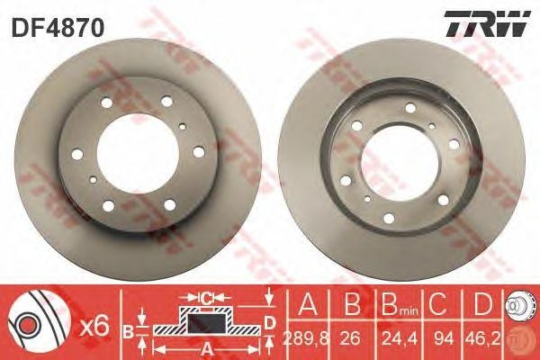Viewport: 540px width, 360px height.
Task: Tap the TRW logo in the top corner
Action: pyautogui.click(x=484, y=25)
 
